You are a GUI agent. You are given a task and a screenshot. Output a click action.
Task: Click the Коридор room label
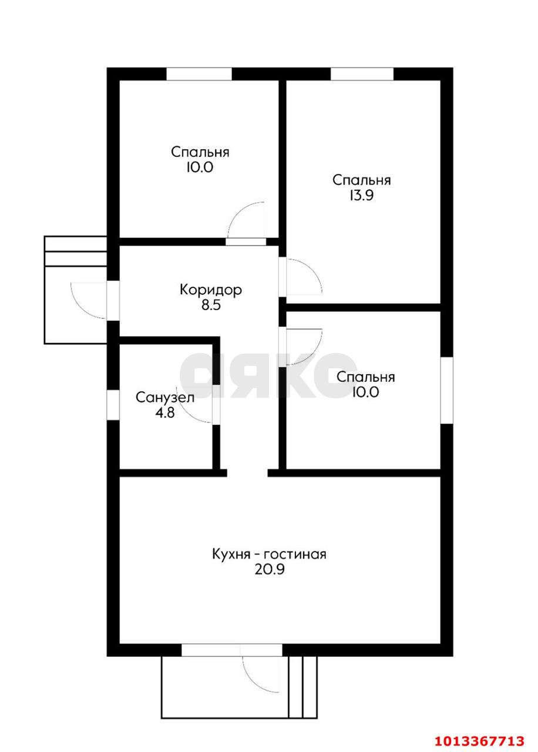click(210, 290)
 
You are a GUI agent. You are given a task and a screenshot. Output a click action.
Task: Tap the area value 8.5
click(211, 305)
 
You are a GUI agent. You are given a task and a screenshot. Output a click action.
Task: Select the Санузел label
click(165, 398)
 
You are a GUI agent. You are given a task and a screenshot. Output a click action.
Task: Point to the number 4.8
click(165, 412)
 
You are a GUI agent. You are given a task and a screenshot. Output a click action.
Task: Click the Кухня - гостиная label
click(269, 554)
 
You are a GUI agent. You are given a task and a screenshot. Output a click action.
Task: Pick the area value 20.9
click(270, 570)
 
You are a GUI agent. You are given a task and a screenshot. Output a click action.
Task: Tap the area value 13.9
click(361, 196)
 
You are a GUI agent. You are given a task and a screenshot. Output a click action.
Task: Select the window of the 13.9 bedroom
click(362, 74)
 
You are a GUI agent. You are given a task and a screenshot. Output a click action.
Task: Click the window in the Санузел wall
click(113, 405)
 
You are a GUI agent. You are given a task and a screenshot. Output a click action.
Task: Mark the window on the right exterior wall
click(446, 390)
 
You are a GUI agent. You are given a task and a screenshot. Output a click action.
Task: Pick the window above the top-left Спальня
click(199, 74)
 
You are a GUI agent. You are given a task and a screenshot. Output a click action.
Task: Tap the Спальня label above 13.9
click(361, 180)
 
